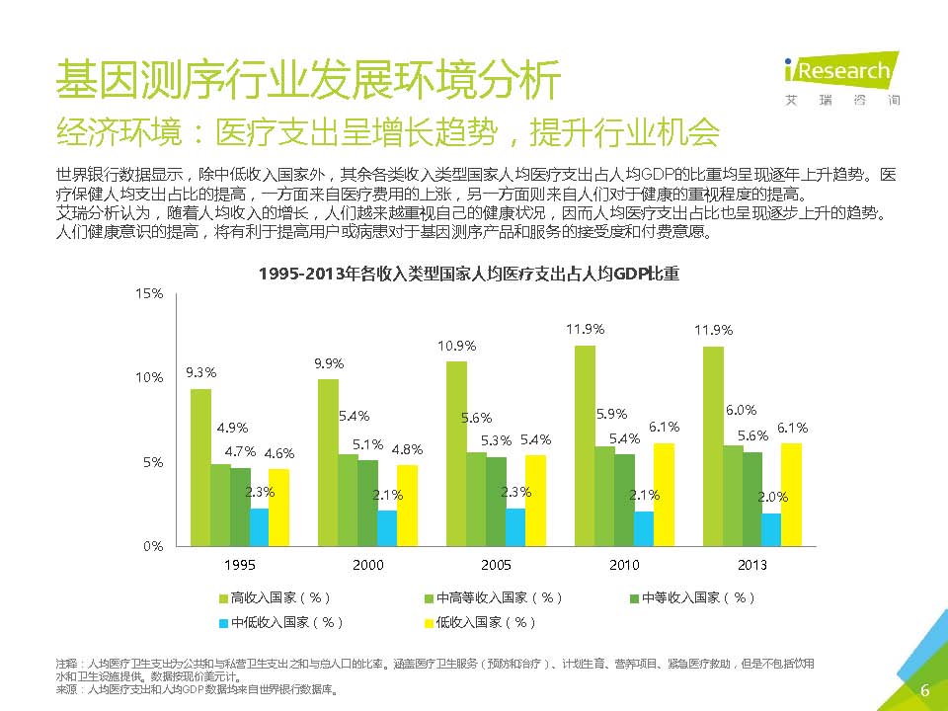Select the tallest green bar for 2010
[x=585, y=444]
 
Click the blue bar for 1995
[x=259, y=526]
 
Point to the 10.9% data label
[x=457, y=346]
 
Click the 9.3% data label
[x=201, y=372]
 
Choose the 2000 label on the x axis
[x=367, y=564]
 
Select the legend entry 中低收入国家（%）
[x=280, y=622]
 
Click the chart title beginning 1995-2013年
[x=469, y=274]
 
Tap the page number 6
[x=924, y=690]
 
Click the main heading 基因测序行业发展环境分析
[x=308, y=79]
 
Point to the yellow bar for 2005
[x=535, y=500]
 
